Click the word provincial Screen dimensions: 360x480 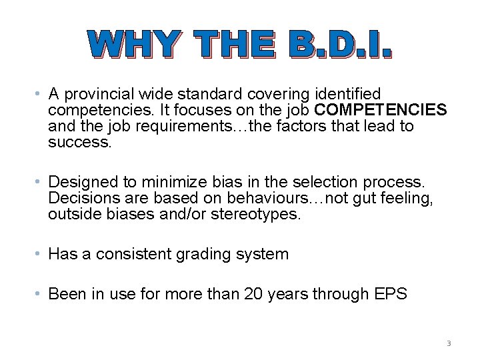click(x=93, y=95)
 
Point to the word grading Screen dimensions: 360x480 click(x=203, y=255)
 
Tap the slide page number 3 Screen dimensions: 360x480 click(x=449, y=343)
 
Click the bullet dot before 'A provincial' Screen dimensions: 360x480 click(x=41, y=95)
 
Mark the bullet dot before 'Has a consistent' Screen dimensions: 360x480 click(x=41, y=254)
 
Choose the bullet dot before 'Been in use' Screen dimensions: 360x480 click(x=41, y=294)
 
